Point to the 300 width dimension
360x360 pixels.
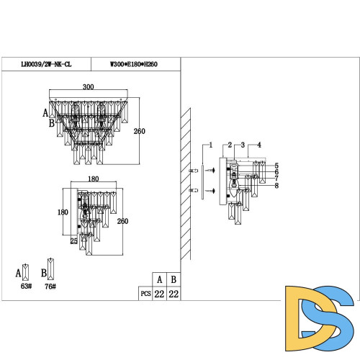88,87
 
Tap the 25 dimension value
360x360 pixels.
74,240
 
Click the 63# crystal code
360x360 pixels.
27,286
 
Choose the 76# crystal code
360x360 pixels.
51,286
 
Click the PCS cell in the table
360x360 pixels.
145,294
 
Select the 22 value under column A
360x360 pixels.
159,294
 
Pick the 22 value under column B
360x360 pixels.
174,294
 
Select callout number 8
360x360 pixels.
276,185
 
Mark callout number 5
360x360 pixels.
276,166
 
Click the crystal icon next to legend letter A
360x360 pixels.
27,271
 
